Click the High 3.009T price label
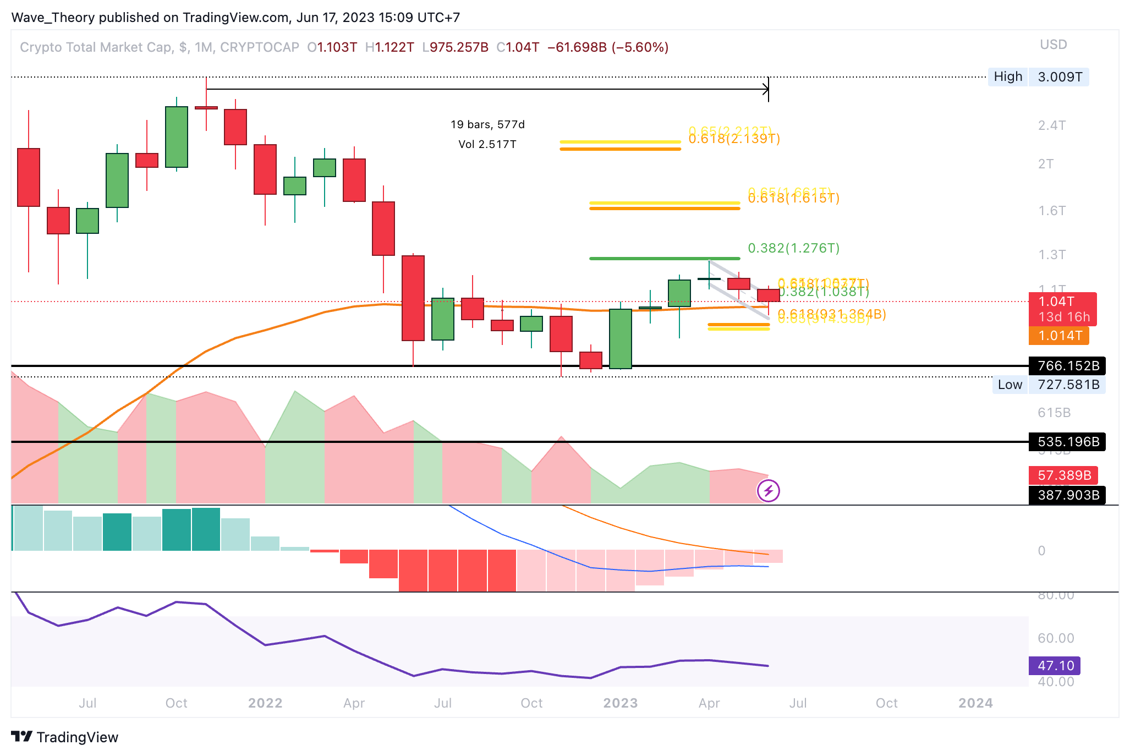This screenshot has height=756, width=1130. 1038,77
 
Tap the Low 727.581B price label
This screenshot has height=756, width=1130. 1049,385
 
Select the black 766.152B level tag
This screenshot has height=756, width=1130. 1067,366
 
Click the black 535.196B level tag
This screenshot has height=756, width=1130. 1067,442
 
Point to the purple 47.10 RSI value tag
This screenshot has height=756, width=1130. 1055,666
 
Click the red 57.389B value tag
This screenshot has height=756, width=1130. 1063,475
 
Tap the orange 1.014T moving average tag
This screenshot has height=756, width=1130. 1058,336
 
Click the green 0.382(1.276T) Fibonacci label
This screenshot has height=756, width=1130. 793,248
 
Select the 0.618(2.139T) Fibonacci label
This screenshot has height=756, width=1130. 734,139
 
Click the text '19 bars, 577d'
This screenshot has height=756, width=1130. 487,124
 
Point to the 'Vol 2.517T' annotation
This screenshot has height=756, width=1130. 487,144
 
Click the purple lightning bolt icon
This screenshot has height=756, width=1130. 769,491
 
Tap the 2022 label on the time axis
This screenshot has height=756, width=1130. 265,703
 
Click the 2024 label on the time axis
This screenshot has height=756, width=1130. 975,703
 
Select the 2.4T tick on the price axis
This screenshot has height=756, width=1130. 1052,125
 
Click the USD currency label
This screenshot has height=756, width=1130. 1053,45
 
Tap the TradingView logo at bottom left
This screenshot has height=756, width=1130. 65,737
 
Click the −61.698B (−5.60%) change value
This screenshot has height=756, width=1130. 608,47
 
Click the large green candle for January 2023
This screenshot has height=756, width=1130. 621,338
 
